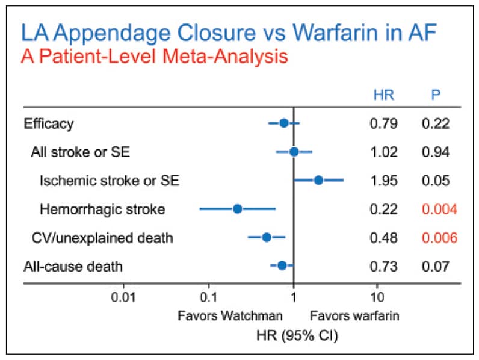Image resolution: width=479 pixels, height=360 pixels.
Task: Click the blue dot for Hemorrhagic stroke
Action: (237, 209)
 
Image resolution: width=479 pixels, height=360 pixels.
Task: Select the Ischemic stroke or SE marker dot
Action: (318, 180)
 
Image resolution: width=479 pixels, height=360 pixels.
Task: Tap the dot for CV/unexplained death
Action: (267, 237)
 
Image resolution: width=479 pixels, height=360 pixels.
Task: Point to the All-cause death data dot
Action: (282, 265)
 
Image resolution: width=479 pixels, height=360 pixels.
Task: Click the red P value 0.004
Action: (435, 209)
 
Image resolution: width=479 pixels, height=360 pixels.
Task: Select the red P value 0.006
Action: (435, 237)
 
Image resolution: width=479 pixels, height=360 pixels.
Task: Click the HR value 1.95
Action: (383, 180)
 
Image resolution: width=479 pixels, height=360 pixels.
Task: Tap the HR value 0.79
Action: (383, 125)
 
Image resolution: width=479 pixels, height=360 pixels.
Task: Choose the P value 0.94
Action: (435, 152)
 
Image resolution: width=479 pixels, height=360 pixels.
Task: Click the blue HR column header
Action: (383, 95)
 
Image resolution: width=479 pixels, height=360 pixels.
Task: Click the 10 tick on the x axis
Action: (378, 297)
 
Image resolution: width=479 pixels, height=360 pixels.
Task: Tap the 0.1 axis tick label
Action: (208, 297)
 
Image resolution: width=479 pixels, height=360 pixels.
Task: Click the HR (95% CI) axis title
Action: (293, 334)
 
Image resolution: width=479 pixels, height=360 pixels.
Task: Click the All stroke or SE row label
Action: (80, 152)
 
